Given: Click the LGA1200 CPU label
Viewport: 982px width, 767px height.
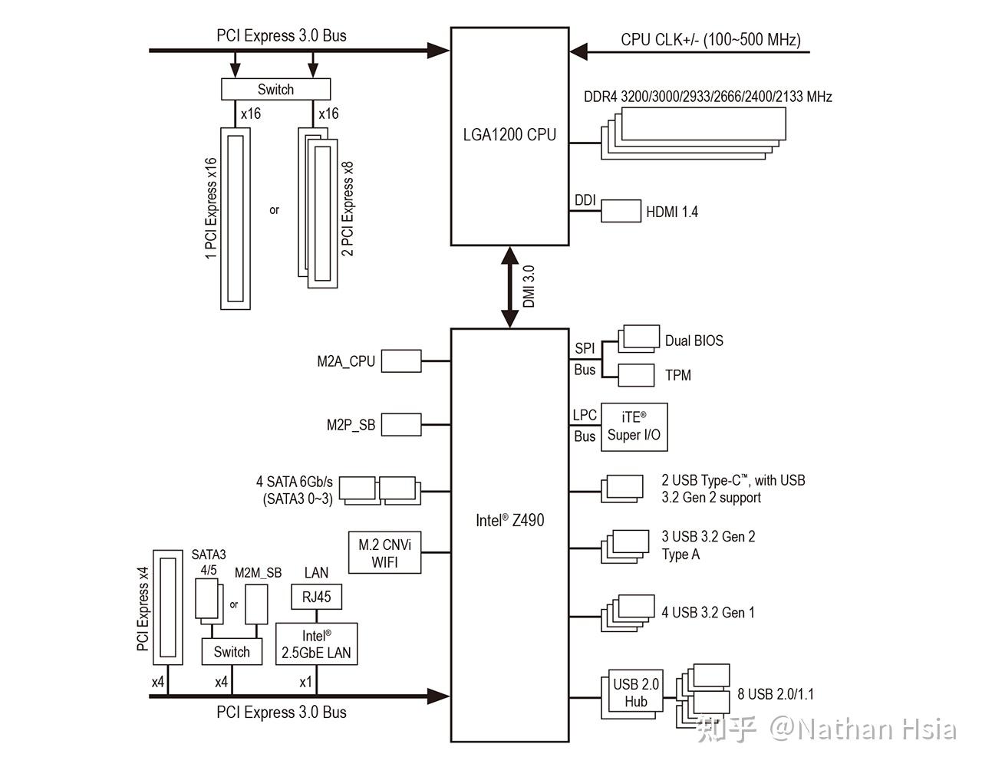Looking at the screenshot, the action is pyautogui.click(x=509, y=135).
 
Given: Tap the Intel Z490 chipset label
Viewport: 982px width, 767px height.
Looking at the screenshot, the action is pyautogui.click(x=509, y=520).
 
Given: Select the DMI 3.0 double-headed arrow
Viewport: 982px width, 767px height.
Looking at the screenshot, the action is pyautogui.click(x=509, y=287).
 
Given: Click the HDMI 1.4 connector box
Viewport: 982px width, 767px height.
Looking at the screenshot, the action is pyautogui.click(x=621, y=211).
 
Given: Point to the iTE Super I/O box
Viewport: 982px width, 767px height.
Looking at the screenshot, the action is pyautogui.click(x=634, y=427).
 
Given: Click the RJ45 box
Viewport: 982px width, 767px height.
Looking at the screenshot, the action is pyautogui.click(x=316, y=597).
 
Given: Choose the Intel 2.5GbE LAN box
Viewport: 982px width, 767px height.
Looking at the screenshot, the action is pyautogui.click(x=316, y=644).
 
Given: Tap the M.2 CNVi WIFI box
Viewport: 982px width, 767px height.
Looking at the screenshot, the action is pyautogui.click(x=384, y=552).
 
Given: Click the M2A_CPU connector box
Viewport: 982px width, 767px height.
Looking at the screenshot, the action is pyautogui.click(x=401, y=361).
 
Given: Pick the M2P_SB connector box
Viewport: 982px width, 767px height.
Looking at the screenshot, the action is pyautogui.click(x=401, y=425).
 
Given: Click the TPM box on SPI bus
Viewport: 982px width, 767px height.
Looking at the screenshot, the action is pyautogui.click(x=636, y=375).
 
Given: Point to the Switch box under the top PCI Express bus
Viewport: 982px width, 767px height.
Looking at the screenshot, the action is pyautogui.click(x=275, y=90).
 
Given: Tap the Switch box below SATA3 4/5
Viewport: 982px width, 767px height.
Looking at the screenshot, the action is pyautogui.click(x=232, y=651).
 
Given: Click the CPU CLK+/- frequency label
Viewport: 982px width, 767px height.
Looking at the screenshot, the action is pyautogui.click(x=711, y=40).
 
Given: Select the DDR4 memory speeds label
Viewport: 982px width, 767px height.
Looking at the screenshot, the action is pyautogui.click(x=707, y=97).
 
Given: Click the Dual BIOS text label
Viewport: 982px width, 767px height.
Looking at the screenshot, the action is pyautogui.click(x=694, y=341).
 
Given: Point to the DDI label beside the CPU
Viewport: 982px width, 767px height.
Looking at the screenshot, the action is pyautogui.click(x=585, y=200).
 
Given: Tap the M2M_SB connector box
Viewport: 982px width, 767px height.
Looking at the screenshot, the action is pyautogui.click(x=256, y=604).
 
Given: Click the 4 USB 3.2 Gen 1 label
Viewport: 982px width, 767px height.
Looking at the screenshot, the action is pyautogui.click(x=708, y=613).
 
